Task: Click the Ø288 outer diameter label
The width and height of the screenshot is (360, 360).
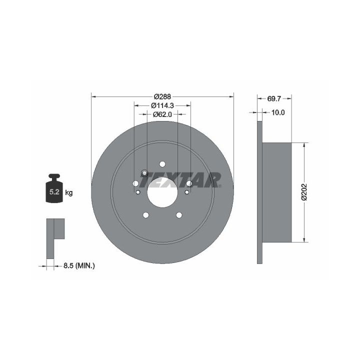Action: pos(162,96)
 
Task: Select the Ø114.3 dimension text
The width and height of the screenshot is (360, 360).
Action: pos(162,105)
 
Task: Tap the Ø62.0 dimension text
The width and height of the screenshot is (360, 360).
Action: pos(162,114)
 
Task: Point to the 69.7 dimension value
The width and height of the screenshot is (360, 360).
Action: pos(274,98)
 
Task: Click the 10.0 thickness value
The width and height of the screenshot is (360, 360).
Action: pos(278,112)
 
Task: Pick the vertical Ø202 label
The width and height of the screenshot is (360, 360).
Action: pos(304,192)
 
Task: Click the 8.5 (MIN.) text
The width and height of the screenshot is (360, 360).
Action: pos(79,266)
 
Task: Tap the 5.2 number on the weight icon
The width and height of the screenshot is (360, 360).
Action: pos(54,191)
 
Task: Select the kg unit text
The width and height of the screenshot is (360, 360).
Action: pos(69,192)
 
